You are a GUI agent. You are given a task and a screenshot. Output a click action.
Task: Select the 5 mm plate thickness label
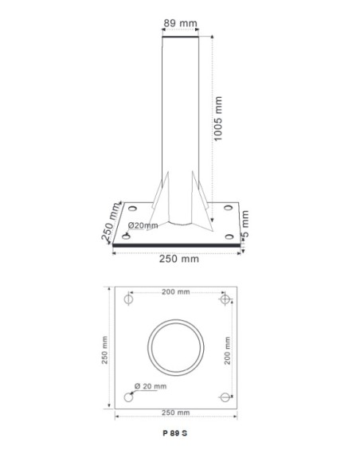[246, 223]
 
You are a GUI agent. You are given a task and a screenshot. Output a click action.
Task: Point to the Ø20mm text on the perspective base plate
[143, 225]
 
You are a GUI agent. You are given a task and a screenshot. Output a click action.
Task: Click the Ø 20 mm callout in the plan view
[151, 385]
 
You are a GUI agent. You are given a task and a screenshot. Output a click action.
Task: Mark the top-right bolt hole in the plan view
[226, 300]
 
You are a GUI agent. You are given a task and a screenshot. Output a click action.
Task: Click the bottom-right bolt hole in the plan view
[226, 397]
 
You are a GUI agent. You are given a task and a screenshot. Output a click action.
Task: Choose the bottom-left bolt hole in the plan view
[129, 397]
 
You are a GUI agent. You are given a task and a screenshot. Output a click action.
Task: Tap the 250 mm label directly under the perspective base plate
[177, 259]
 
